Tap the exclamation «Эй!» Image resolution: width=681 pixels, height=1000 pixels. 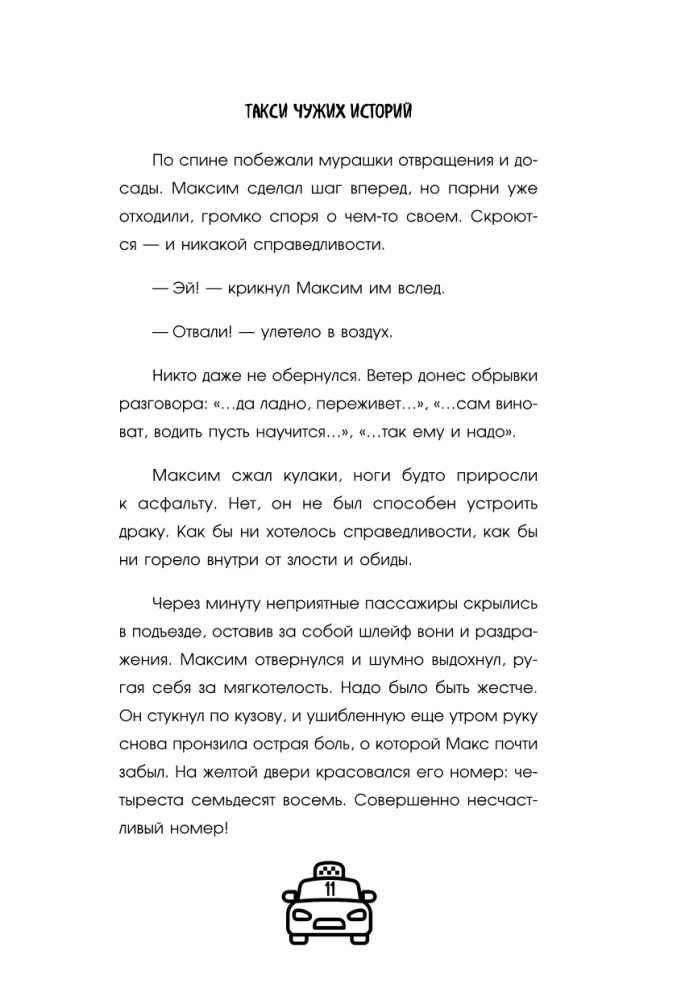click(x=182, y=289)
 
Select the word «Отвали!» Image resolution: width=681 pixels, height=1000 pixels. click(x=197, y=332)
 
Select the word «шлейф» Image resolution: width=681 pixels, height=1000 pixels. click(x=400, y=634)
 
